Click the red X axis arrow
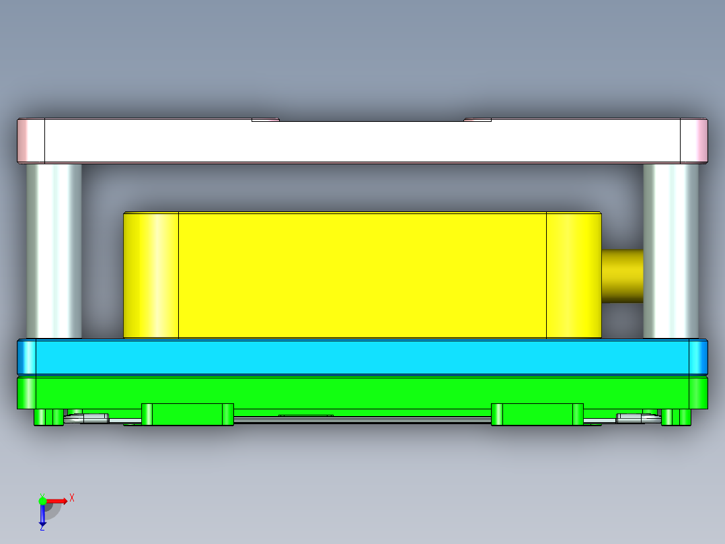(57, 501)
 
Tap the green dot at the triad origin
(42, 501)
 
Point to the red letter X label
(72, 498)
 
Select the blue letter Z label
(42, 529)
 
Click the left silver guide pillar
(54, 250)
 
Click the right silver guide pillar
(671, 250)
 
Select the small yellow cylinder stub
(622, 276)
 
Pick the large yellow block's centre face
(362, 275)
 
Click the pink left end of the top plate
(31, 141)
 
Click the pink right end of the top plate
(694, 141)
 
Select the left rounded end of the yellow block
(151, 275)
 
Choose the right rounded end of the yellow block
(574, 275)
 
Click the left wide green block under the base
(187, 414)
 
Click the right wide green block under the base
(537, 414)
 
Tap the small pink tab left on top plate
(265, 120)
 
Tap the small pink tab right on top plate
(478, 120)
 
